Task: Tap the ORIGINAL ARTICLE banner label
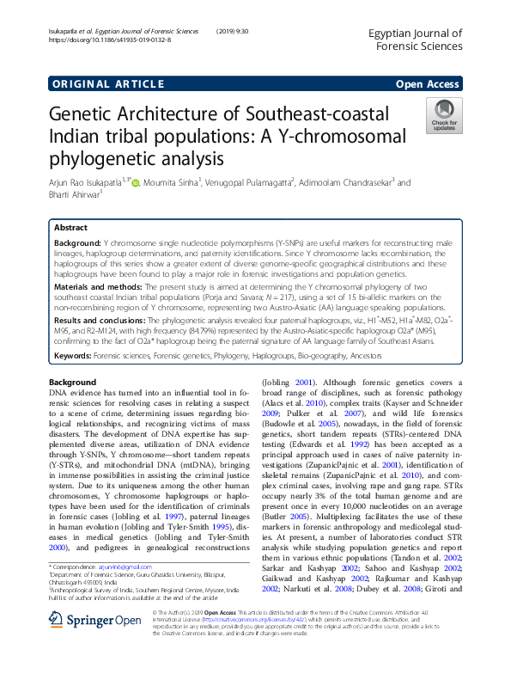107,84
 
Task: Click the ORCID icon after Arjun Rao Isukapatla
135,182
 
